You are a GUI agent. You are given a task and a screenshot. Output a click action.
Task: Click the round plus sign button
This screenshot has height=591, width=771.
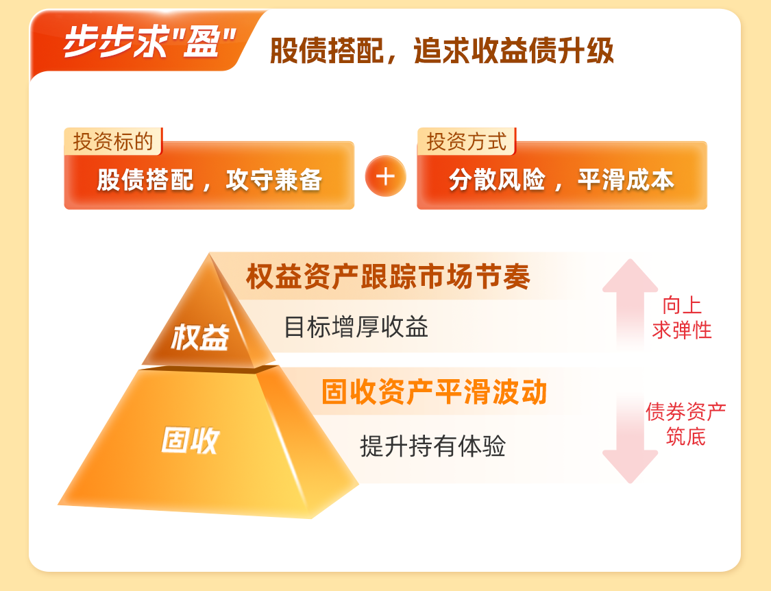(x=385, y=176)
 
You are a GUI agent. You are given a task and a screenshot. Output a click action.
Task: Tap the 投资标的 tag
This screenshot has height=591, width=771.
(x=113, y=142)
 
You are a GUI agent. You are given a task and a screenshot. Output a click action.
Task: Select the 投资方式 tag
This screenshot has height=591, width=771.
(x=466, y=142)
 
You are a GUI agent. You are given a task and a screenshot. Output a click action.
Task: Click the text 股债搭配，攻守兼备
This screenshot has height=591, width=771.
(x=210, y=180)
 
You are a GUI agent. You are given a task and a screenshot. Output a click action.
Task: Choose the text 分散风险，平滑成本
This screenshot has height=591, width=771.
(x=561, y=180)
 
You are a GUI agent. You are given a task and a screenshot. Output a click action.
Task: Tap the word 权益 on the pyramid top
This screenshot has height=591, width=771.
(x=199, y=337)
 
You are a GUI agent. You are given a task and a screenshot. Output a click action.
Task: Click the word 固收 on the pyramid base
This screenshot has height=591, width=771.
(x=190, y=440)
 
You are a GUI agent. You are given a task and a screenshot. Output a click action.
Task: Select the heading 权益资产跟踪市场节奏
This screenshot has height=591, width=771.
(x=388, y=276)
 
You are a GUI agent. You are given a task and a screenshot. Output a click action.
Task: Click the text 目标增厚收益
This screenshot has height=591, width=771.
(x=356, y=327)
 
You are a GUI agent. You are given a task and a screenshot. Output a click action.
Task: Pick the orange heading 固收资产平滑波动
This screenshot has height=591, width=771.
(x=435, y=391)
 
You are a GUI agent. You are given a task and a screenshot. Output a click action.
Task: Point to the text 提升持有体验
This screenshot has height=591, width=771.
(x=432, y=446)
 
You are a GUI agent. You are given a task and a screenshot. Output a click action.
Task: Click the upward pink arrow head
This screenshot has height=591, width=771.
(x=630, y=276)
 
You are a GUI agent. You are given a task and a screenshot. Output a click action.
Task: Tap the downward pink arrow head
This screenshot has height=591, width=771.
(x=630, y=466)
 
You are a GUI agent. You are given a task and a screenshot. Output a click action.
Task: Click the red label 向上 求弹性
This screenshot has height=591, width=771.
(x=682, y=318)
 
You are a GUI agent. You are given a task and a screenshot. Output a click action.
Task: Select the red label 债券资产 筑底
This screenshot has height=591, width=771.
(x=685, y=424)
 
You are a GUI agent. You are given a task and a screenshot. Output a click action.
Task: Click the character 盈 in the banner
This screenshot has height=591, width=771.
(x=201, y=42)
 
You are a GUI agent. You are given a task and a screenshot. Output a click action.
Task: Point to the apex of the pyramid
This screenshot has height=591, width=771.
(x=210, y=254)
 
